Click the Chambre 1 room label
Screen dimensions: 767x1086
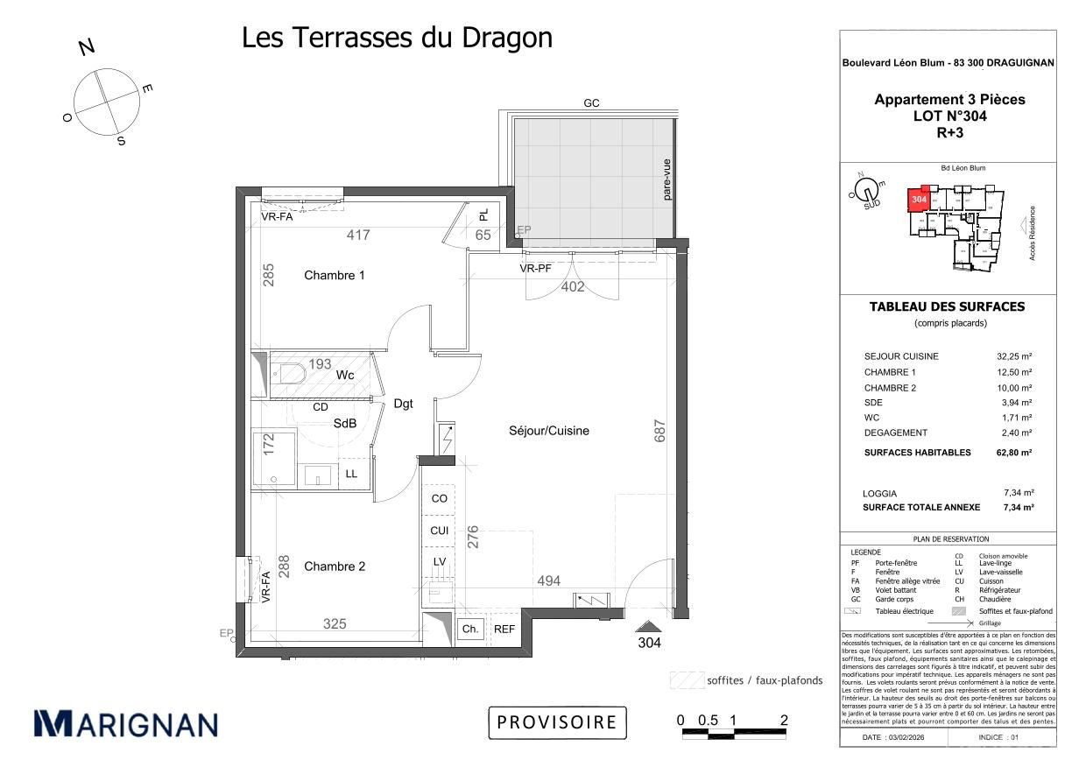(x=335, y=276)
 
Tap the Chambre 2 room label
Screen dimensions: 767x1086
(x=335, y=566)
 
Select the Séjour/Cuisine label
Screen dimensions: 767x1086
(x=549, y=431)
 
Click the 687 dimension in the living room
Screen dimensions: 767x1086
(x=660, y=430)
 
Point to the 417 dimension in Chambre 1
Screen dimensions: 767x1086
(x=359, y=235)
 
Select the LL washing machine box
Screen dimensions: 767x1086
(x=351, y=474)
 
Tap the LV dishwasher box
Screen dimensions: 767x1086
(x=439, y=561)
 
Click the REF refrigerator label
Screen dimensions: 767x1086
(x=504, y=629)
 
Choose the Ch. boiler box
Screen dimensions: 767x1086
(x=470, y=629)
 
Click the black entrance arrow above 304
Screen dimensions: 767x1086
(x=648, y=625)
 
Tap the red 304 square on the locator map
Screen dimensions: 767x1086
(x=919, y=200)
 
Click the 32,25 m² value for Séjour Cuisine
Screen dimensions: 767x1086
(x=1014, y=356)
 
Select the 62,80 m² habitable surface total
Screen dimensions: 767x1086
(x=1014, y=453)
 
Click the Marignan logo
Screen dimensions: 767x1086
(x=125, y=723)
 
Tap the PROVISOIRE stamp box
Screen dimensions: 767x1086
(x=557, y=722)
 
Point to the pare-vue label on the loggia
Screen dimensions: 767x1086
(x=666, y=179)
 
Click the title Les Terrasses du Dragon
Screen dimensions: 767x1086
(x=397, y=38)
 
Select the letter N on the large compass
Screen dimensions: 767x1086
(x=87, y=47)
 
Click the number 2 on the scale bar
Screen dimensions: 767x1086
(x=784, y=721)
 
